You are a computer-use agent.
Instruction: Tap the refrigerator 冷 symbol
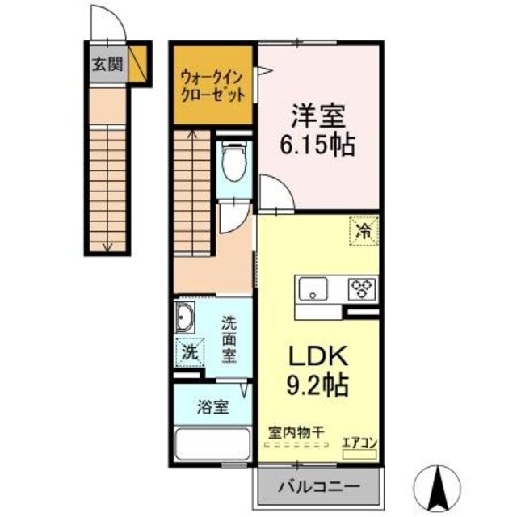coord(364,232)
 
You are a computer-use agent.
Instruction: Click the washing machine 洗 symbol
coord(188,352)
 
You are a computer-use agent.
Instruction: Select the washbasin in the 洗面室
coord(185,319)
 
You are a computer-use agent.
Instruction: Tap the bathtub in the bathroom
coord(212,447)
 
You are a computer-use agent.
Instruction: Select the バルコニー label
coord(319,487)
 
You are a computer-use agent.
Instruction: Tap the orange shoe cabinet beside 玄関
coord(137,65)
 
